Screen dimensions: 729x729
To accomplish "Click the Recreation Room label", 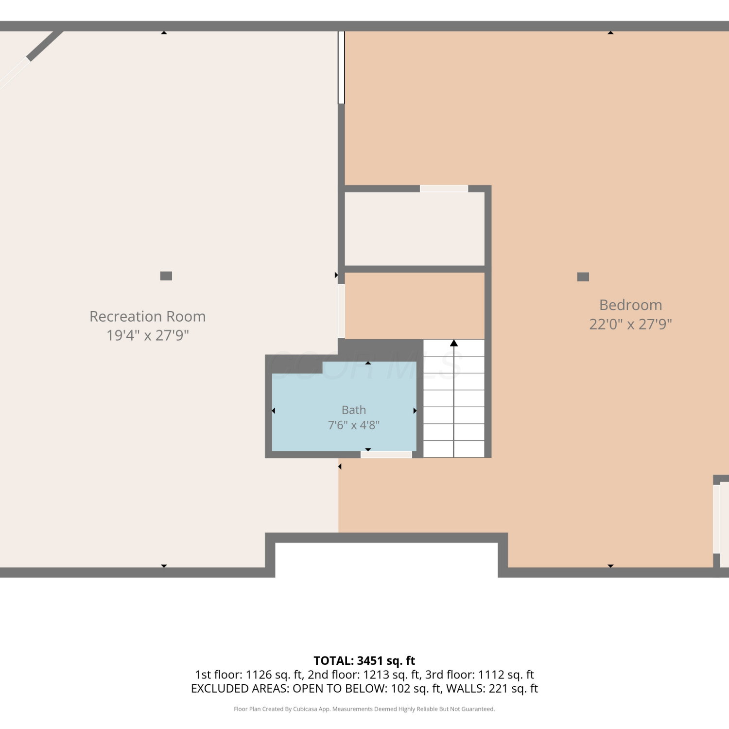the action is click(x=148, y=316).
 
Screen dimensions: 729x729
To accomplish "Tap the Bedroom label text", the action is click(x=630, y=305).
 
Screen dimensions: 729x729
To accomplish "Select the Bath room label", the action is click(x=354, y=410).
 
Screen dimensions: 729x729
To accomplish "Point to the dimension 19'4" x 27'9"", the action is click(x=148, y=335).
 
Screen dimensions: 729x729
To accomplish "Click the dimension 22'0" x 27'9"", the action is click(x=630, y=324).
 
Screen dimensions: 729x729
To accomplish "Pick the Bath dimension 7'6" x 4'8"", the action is click(x=354, y=425).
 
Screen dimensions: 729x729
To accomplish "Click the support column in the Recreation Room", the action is click(x=166, y=276).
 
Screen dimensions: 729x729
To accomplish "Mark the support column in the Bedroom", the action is click(x=583, y=277).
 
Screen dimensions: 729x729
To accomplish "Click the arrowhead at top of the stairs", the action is click(x=454, y=343).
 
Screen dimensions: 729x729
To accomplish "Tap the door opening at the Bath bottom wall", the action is click(x=386, y=454).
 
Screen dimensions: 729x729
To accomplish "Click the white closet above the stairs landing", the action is click(x=415, y=229).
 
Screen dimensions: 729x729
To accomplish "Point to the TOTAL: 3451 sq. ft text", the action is click(x=364, y=660).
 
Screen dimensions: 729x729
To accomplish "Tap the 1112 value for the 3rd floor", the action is click(x=491, y=675).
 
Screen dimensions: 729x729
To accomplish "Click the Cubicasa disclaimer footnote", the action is click(x=364, y=709).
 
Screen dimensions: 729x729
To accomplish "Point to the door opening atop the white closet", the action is click(x=444, y=189).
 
